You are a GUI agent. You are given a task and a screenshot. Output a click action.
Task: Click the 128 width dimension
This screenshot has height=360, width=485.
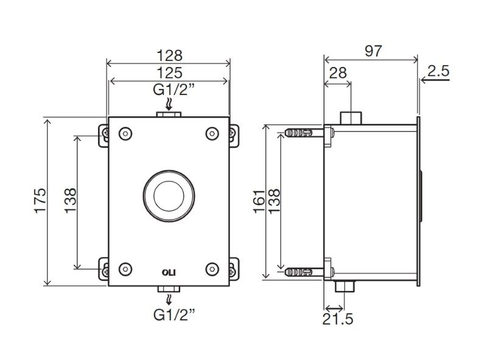click(x=170, y=55)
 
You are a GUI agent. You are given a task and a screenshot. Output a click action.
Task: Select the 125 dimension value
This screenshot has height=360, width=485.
click(x=170, y=73)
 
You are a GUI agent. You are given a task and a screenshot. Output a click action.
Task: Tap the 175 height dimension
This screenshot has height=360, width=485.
click(x=40, y=200)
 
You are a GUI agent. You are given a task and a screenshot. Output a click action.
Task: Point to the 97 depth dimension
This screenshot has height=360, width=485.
click(x=374, y=51)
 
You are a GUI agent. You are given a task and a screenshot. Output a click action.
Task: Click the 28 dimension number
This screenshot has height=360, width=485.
click(x=338, y=73)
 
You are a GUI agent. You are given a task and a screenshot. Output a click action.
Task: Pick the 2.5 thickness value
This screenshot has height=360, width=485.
click(x=438, y=71)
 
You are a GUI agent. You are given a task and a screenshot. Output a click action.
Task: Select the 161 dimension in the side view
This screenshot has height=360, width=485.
click(x=259, y=201)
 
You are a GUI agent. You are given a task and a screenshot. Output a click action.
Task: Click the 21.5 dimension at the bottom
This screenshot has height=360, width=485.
click(x=338, y=319)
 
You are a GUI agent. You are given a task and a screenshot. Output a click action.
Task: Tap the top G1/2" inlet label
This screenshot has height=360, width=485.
click(x=174, y=90)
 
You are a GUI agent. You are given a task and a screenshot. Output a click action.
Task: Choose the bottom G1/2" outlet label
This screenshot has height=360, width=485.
click(x=174, y=315)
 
